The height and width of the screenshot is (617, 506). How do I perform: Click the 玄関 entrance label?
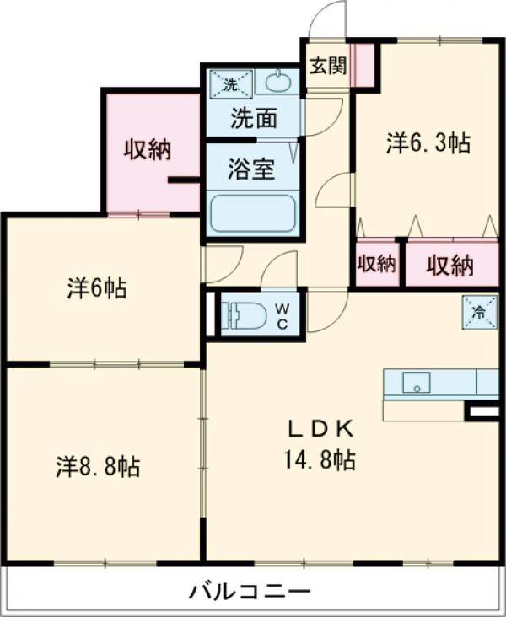click(326, 66)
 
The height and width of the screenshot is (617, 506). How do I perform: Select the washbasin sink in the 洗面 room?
click(277, 83)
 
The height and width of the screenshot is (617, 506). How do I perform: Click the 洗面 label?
click(253, 119)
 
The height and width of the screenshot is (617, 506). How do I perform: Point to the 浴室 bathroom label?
click(251, 169)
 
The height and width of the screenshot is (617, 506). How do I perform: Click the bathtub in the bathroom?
click(251, 213)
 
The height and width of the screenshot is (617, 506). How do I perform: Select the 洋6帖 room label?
click(98, 289)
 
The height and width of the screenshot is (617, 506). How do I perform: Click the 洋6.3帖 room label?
click(428, 143)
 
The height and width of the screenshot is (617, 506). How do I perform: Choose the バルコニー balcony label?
click(250, 590)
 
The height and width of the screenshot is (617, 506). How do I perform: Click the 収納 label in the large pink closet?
click(148, 150)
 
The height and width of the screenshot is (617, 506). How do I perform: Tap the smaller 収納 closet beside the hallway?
click(376, 264)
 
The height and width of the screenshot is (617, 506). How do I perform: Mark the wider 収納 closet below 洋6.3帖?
click(449, 266)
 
